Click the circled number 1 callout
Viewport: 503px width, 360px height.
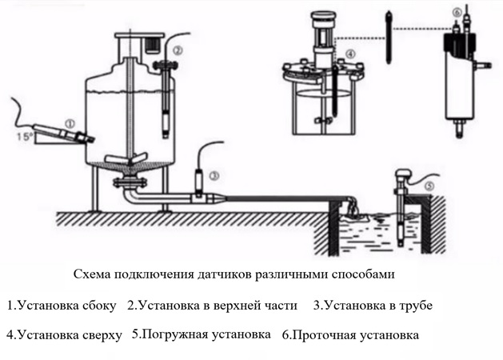click(x=70, y=125)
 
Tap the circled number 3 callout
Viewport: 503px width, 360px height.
click(x=214, y=174)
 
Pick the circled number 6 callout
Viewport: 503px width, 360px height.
click(x=457, y=13)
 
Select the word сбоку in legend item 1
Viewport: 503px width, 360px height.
click(x=99, y=305)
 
